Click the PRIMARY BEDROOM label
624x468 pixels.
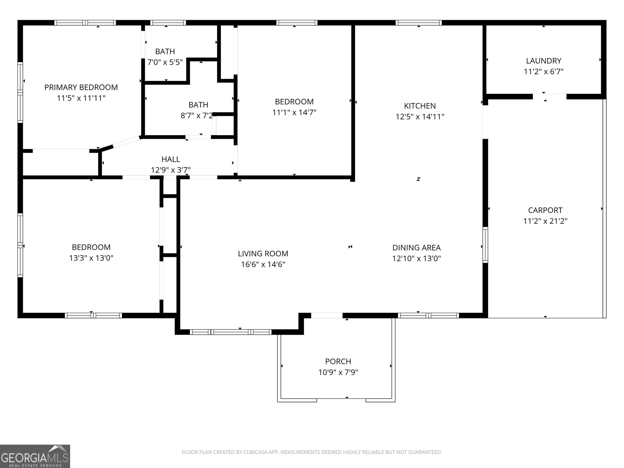pyautogui.click(x=81, y=88)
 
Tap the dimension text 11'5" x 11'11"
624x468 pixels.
pyautogui.click(x=81, y=98)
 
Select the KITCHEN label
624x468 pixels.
pyautogui.click(x=420, y=106)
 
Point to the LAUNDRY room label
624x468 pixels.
pyautogui.click(x=543, y=61)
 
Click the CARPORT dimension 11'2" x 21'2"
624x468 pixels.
pyautogui.click(x=545, y=221)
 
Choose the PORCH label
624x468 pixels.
pyautogui.click(x=338, y=361)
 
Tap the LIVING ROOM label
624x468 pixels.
pyautogui.click(x=263, y=254)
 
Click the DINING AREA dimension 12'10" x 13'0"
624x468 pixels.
pyautogui.click(x=416, y=258)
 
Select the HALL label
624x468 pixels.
pyautogui.click(x=171, y=159)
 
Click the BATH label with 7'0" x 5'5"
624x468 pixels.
pyautogui.click(x=165, y=52)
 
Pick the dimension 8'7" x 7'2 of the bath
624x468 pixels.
pyautogui.click(x=197, y=116)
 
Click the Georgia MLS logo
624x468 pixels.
pyautogui.click(x=35, y=456)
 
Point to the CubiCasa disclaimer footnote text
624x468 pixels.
pyautogui.click(x=312, y=452)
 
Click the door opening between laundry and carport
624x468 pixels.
pyautogui.click(x=549, y=96)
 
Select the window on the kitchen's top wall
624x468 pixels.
pyautogui.click(x=418, y=23)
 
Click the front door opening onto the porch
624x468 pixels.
pyautogui.click(x=327, y=315)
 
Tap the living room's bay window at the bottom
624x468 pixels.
pyautogui.click(x=231, y=332)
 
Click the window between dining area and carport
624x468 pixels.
pyautogui.click(x=485, y=245)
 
